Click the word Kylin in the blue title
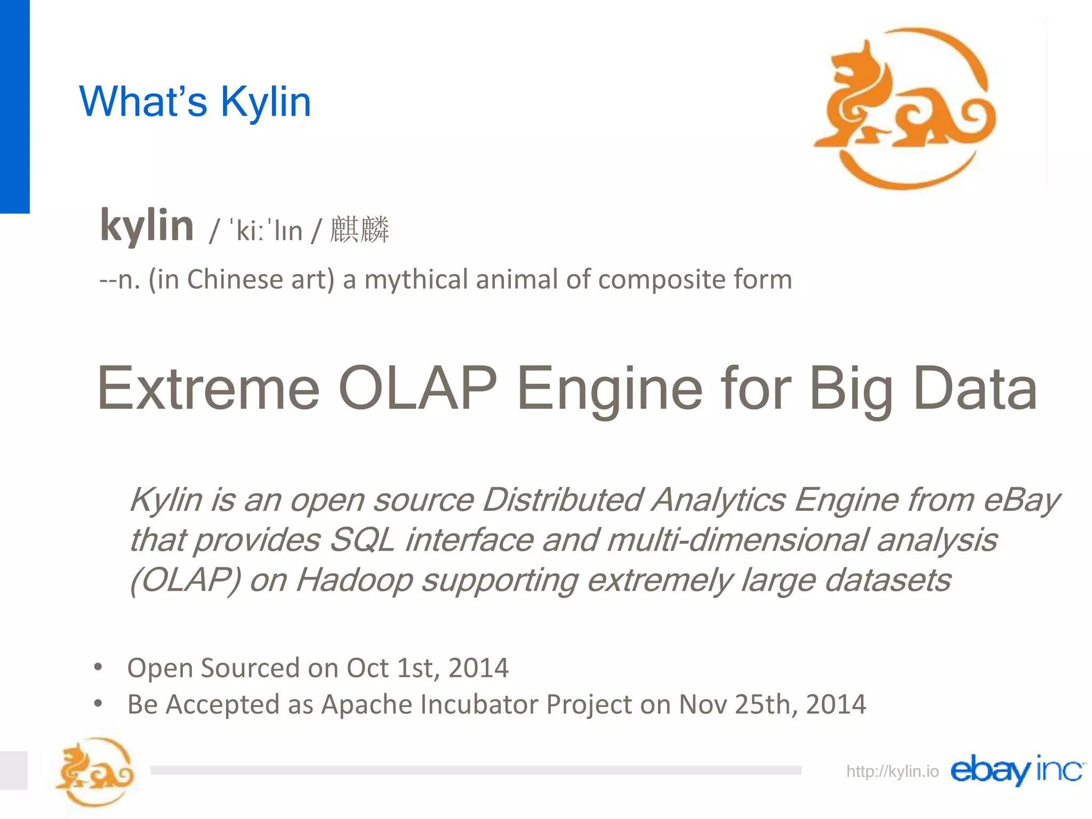click(x=265, y=101)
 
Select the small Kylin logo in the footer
click(x=95, y=771)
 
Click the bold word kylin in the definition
click(x=147, y=226)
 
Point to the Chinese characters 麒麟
click(x=359, y=230)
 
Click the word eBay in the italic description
click(x=1021, y=500)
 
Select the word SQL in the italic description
click(x=362, y=540)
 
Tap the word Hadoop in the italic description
click(x=354, y=580)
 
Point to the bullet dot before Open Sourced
click(x=98, y=667)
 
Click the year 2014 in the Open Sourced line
click(x=478, y=668)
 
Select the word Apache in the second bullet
click(x=366, y=704)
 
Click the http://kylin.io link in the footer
click(x=892, y=771)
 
